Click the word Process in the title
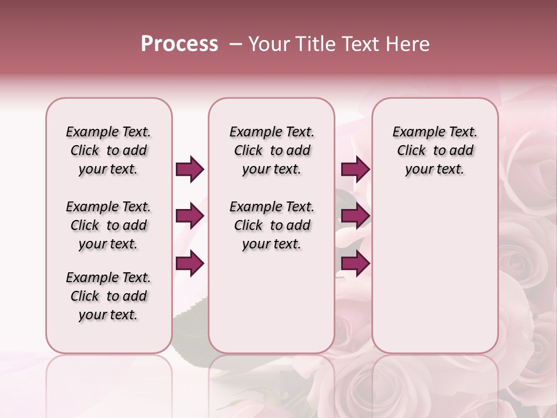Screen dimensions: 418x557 (179, 44)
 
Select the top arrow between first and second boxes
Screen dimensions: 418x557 (190, 170)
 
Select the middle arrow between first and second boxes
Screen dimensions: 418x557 (190, 217)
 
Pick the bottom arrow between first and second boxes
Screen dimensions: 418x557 (190, 263)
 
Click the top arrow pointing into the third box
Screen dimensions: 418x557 (355, 170)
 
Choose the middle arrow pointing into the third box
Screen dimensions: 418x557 (355, 217)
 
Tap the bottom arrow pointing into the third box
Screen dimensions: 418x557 (355, 263)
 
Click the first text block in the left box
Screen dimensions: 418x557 (108, 150)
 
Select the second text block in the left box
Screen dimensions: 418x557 (108, 225)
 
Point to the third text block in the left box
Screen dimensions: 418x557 (108, 296)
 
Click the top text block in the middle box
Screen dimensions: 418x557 (272, 150)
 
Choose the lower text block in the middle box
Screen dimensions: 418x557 (272, 225)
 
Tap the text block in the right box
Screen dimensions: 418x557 (435, 150)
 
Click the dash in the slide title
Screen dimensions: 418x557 (235, 44)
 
